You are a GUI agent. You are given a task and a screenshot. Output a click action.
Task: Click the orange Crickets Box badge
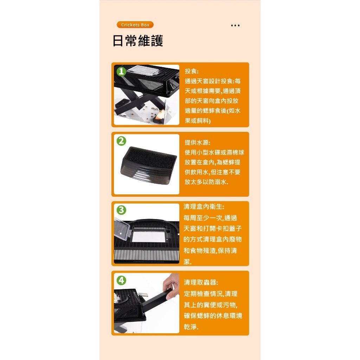pyautogui.click(x=135, y=25)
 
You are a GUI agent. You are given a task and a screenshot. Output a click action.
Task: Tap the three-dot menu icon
pyautogui.click(x=235, y=26)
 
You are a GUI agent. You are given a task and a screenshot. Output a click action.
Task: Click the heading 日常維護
pyautogui.click(x=138, y=41)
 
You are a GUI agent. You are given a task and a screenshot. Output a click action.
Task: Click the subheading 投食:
pyautogui.click(x=192, y=71)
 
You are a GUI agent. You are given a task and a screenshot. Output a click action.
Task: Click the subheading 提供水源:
pyautogui.click(x=198, y=143)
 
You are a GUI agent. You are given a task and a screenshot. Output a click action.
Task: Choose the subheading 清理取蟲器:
pyautogui.click(x=201, y=283)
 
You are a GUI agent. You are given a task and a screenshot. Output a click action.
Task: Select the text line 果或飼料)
pyautogui.click(x=198, y=121)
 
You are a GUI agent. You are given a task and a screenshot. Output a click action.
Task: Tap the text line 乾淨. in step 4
pyautogui.click(x=191, y=327)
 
